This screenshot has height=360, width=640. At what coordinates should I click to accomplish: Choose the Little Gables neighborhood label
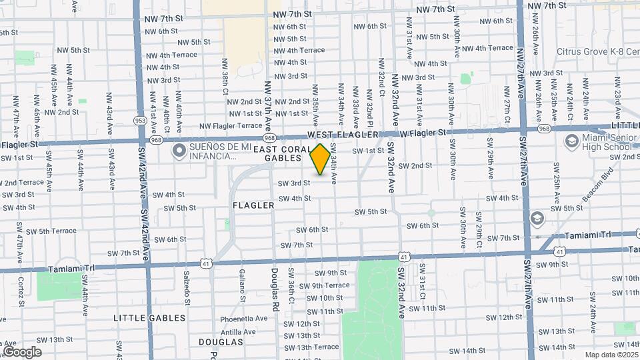[149, 318]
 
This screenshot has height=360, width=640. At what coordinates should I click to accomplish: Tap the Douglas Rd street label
[275, 291]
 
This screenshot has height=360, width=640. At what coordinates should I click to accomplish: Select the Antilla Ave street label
[238, 331]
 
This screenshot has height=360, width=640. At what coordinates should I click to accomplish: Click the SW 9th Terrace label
[325, 285]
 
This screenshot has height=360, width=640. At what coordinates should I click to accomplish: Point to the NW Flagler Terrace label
[231, 125]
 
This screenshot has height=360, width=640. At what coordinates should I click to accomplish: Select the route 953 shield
[140, 121]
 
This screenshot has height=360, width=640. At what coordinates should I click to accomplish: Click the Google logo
[22, 352]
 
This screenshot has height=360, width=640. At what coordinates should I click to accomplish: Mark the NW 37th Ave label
[268, 105]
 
